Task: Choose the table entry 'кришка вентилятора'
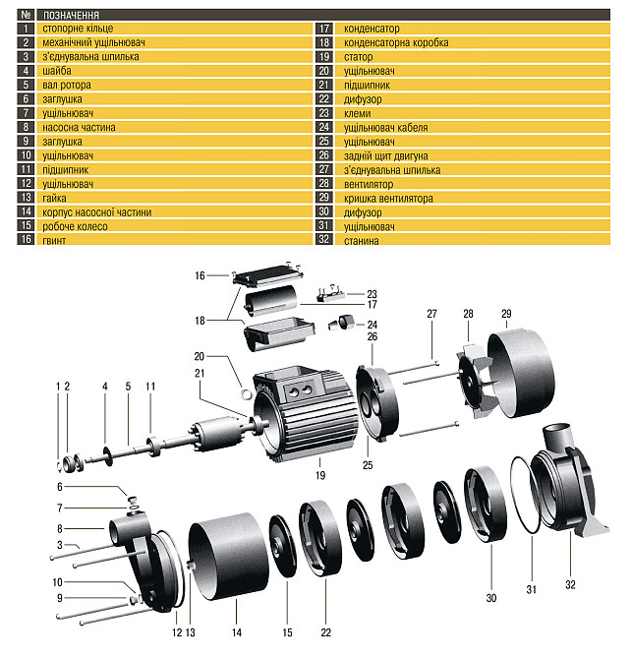click(388, 198)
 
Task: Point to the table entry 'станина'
click(362, 240)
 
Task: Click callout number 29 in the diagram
click(506, 314)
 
